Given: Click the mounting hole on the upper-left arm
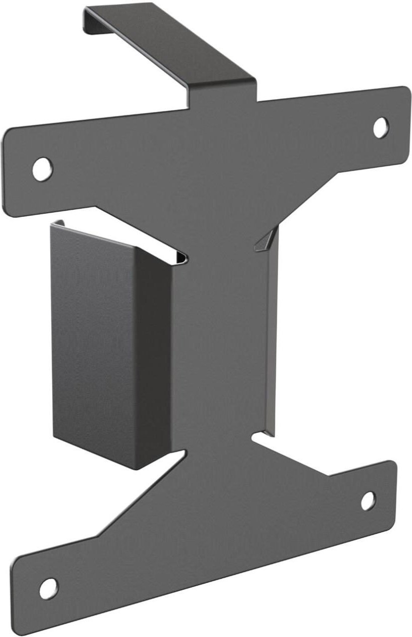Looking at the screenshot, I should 42,167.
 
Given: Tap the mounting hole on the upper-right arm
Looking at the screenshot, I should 381,126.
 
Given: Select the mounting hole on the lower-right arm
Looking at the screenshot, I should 368,500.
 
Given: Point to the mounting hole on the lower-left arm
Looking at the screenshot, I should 48,589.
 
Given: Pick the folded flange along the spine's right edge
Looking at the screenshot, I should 272,339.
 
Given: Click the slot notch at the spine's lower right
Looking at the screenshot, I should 262,439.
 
